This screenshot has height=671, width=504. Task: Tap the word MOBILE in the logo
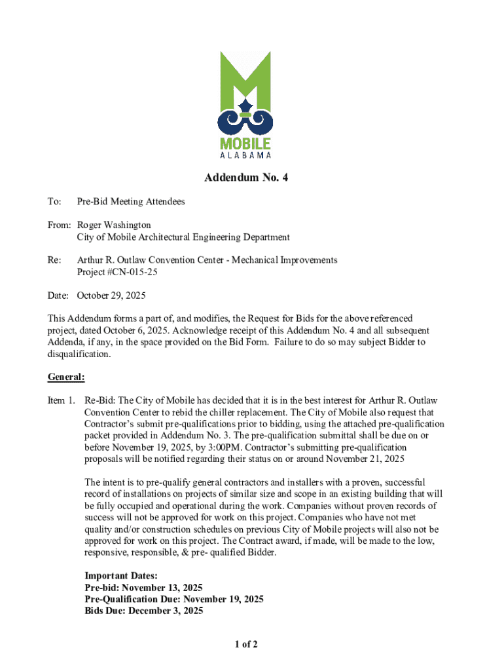tap(244, 144)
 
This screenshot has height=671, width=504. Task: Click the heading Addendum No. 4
tap(246, 178)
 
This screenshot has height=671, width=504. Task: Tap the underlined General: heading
tap(66, 377)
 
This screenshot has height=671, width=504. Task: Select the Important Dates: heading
tap(121, 575)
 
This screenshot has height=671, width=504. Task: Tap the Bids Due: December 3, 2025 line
tap(144, 611)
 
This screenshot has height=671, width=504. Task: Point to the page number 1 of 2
tap(246, 645)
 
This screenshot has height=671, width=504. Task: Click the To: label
tap(54, 201)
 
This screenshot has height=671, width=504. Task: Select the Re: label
tap(54, 260)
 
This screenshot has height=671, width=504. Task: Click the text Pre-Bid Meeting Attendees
tap(131, 201)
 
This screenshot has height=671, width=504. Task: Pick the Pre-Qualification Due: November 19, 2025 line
tap(174, 599)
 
